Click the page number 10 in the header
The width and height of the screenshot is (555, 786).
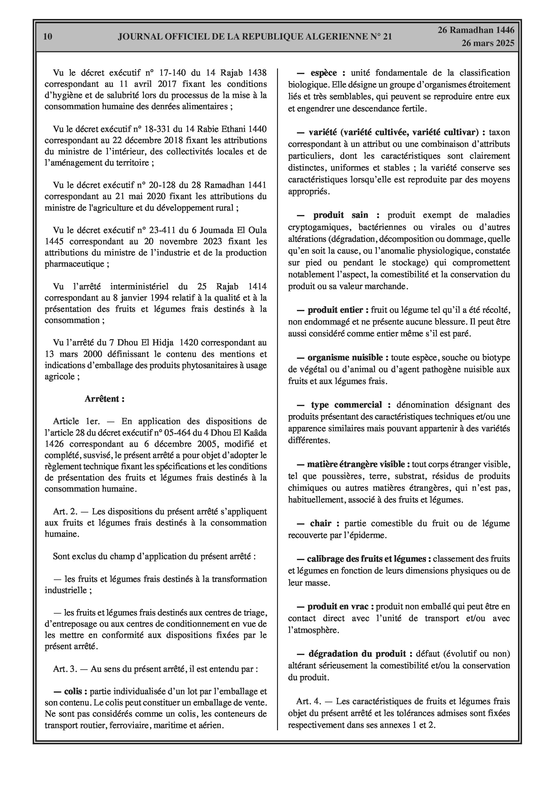coord(48,37)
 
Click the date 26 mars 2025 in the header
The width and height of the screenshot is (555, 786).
coord(488,43)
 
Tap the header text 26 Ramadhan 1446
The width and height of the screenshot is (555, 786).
coord(476,30)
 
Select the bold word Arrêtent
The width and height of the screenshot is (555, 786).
coord(104,399)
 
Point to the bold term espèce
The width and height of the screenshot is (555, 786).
coord(323,73)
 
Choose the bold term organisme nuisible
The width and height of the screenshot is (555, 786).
coord(348,358)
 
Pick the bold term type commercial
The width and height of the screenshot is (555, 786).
coord(346,405)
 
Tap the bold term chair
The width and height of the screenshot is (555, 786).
coord(321,523)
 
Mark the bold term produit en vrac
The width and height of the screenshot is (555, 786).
coord(338,607)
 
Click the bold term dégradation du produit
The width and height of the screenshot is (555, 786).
coord(357,654)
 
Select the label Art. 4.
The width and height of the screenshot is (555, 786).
coord(309,701)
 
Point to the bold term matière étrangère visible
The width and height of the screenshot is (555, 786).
coord(356,465)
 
